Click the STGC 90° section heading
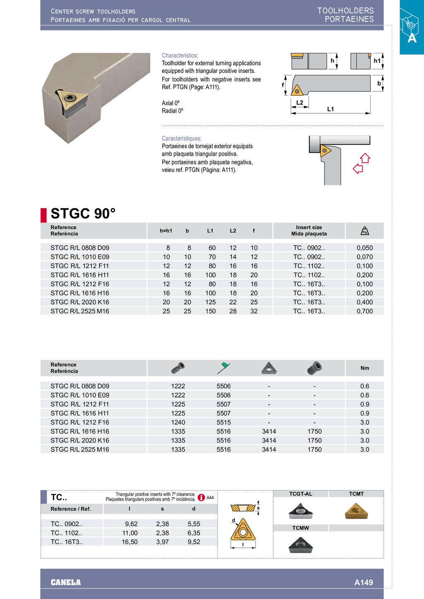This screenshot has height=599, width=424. point(83,213)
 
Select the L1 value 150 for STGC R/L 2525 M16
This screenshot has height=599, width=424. point(210,311)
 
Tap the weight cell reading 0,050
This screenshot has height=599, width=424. point(364,248)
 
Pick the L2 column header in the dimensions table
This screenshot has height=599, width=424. point(233,231)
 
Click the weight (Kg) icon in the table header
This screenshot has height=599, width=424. point(364,231)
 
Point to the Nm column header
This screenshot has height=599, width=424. point(364,368)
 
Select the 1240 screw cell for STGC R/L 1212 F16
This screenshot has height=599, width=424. point(178,422)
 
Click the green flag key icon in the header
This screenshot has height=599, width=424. point(224,367)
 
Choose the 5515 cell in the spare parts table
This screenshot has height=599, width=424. point(224,422)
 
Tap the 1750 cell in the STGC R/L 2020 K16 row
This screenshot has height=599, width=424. point(314,441)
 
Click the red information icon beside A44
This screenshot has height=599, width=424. point(201,497)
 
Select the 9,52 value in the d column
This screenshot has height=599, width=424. point(194,542)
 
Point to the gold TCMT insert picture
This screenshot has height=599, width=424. point(356,511)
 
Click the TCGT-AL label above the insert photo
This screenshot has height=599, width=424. point(301,494)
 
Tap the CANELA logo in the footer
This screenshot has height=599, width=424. point(66,582)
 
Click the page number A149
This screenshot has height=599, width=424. point(364,582)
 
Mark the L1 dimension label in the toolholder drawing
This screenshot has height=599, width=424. point(330,109)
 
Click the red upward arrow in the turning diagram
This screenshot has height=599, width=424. point(365,158)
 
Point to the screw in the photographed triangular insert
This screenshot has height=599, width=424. point(69,97)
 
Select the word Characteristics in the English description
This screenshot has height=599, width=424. point(180,55)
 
